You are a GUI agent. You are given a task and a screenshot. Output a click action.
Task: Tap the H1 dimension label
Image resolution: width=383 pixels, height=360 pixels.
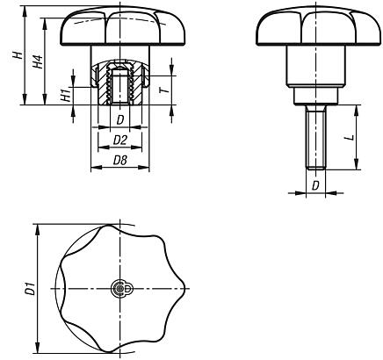[66, 96]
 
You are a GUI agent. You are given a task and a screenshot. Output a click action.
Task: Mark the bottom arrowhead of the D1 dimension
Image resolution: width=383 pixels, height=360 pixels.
[37, 347]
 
